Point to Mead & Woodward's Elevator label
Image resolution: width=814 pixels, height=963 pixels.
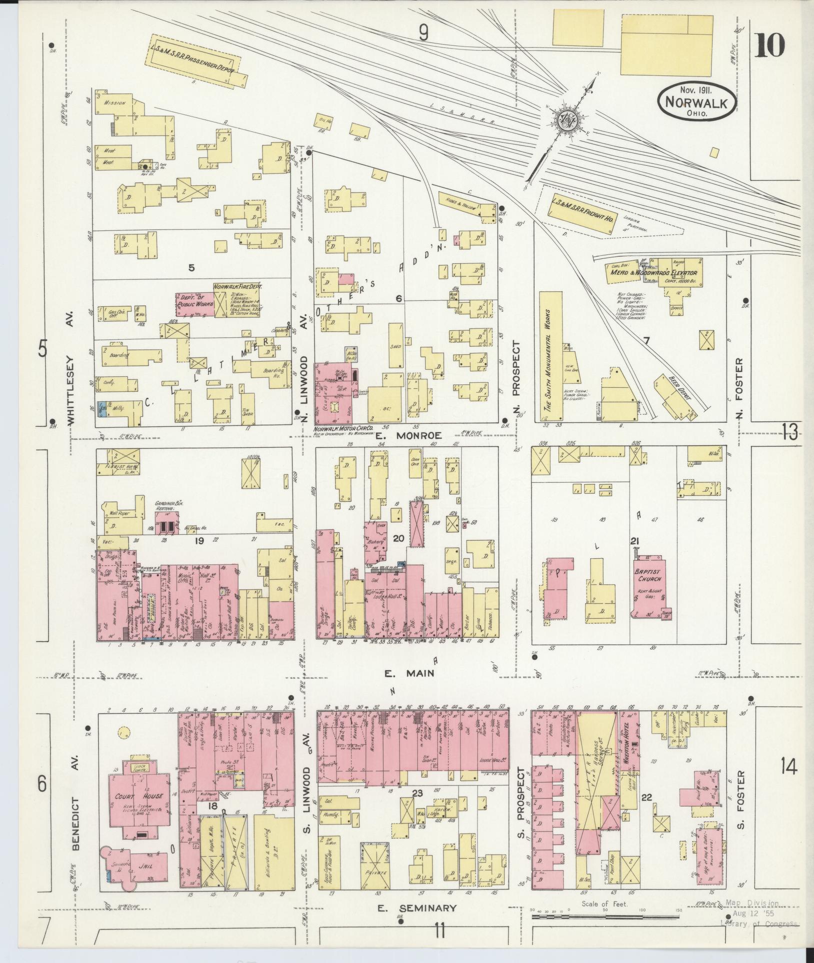[x=652, y=273]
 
